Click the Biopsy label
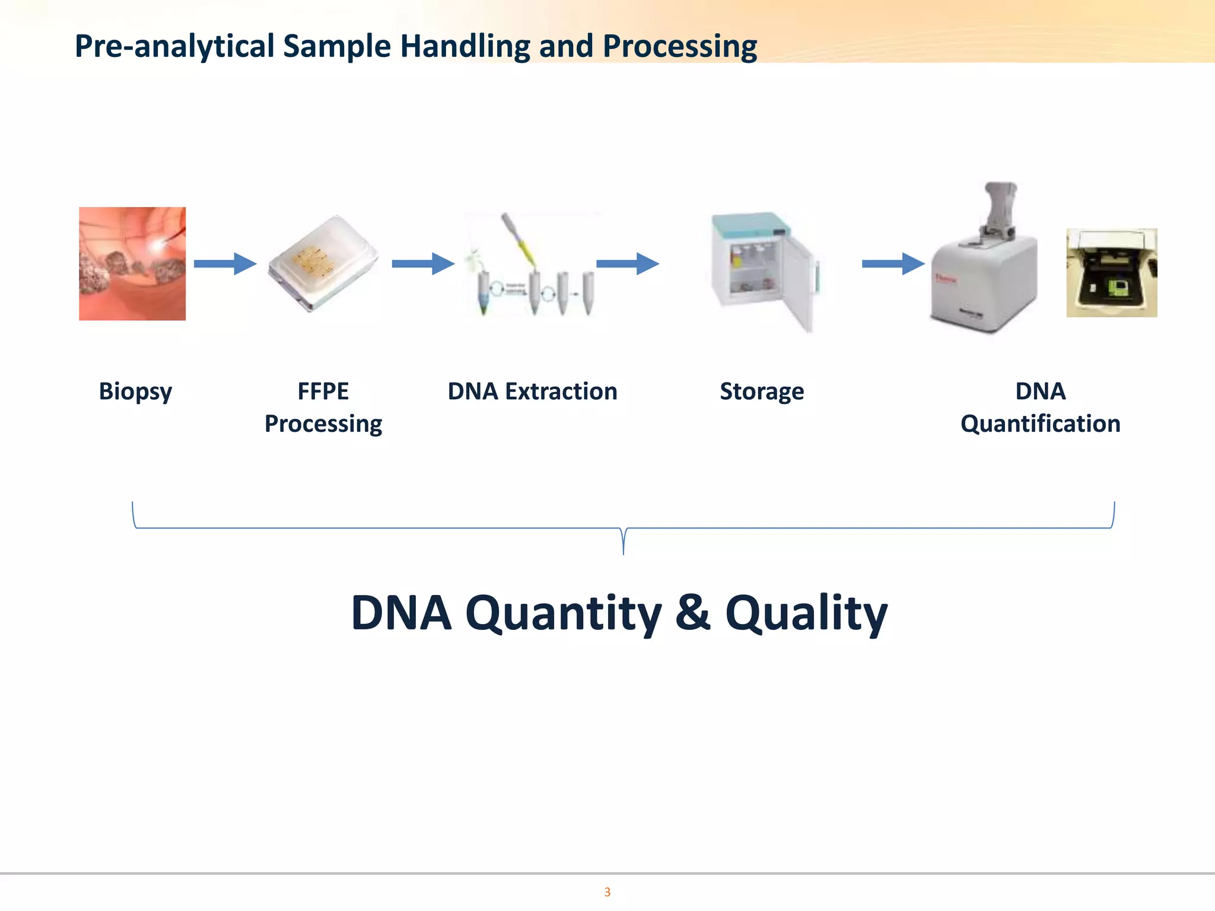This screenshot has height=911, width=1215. [x=135, y=391]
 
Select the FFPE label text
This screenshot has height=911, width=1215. [x=323, y=391]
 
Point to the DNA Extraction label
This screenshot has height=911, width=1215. [x=532, y=391]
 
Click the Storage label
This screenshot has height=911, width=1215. [x=762, y=391]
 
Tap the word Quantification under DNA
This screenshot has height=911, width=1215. [x=1040, y=424]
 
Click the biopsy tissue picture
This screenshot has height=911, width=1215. [x=132, y=264]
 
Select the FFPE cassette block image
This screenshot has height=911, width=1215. [x=323, y=264]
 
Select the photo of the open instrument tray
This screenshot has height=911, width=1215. [x=1111, y=273]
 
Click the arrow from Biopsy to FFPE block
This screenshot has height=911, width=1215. [x=225, y=264]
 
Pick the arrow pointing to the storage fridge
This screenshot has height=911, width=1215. [x=627, y=264]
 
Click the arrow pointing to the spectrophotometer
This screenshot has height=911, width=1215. [x=893, y=264]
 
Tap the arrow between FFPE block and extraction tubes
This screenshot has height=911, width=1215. [x=423, y=264]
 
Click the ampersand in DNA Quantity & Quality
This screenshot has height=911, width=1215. [x=692, y=612]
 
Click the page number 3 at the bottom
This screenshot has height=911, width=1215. [x=607, y=892]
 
